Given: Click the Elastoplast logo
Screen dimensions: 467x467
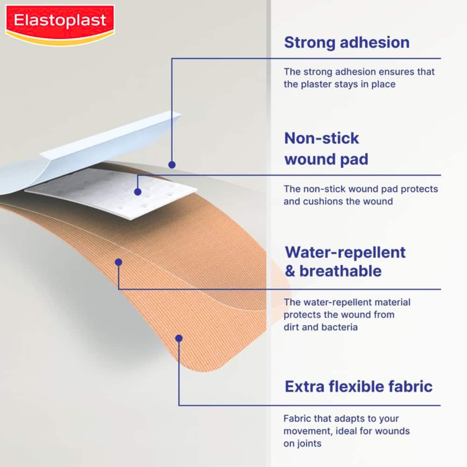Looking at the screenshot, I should [60, 21].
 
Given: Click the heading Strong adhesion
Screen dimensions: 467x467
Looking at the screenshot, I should [347, 42].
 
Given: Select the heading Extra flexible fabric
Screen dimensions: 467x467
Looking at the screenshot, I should [359, 386].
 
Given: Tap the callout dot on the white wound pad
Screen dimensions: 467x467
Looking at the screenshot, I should [137, 191].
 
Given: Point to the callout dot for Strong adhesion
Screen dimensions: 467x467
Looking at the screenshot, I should [172, 164].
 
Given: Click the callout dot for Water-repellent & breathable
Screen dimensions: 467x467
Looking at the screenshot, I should [119, 262].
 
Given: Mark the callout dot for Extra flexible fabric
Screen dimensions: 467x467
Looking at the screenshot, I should [178, 338].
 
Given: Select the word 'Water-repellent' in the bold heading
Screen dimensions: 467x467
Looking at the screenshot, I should [345, 252].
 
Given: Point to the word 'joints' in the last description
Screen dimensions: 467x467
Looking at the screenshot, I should [309, 444].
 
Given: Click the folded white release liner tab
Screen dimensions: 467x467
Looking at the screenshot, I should [112, 140].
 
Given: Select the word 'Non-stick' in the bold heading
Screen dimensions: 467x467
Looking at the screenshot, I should [322, 138].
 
